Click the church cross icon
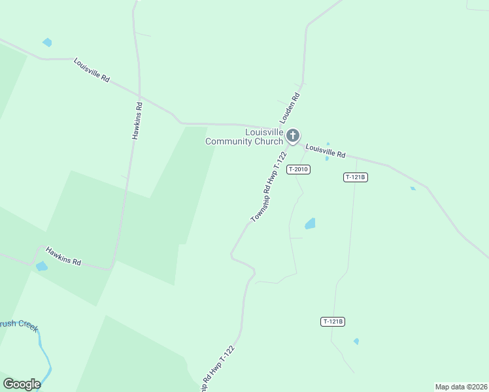(x=293, y=136)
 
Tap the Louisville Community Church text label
(x=244, y=137)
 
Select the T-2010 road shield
(x=298, y=169)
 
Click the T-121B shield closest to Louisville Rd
(x=356, y=177)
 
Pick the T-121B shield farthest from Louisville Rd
(x=333, y=321)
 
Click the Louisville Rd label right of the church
(x=326, y=151)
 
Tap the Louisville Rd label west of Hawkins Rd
(x=92, y=69)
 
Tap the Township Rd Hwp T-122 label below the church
(x=269, y=188)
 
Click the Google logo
(x=22, y=384)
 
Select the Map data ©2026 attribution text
(x=461, y=387)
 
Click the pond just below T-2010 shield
(x=310, y=223)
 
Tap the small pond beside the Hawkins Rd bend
(x=41, y=266)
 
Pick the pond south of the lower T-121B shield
(x=356, y=341)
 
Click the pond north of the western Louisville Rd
(x=47, y=42)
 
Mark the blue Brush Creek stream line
(x=44, y=353)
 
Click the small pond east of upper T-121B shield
(x=413, y=189)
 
